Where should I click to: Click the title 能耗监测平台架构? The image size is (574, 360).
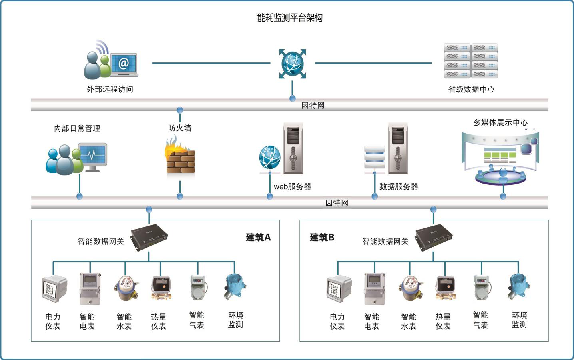pyautogui.click(x=289, y=18)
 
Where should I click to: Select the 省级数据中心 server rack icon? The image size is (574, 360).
pyautogui.click(x=471, y=61)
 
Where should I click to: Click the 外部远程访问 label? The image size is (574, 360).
pyautogui.click(x=110, y=89)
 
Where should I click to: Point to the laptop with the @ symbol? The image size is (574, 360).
pyautogui.click(x=124, y=64)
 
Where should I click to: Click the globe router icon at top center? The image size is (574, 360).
pyautogui.click(x=293, y=63)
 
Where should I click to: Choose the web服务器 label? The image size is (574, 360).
pyautogui.click(x=292, y=186)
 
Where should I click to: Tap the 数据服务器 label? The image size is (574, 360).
pyautogui.click(x=398, y=186)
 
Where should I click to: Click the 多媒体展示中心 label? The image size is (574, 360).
pyautogui.click(x=500, y=123)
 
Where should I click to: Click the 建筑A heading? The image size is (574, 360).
pyautogui.click(x=258, y=237)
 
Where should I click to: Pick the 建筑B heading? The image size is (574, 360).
pyautogui.click(x=322, y=237)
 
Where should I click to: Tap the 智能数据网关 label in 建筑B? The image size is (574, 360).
pyautogui.click(x=385, y=241)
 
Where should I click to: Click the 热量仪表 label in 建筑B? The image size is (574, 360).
pyautogui.click(x=443, y=322)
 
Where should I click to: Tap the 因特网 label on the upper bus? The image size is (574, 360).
pyautogui.click(x=313, y=105)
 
